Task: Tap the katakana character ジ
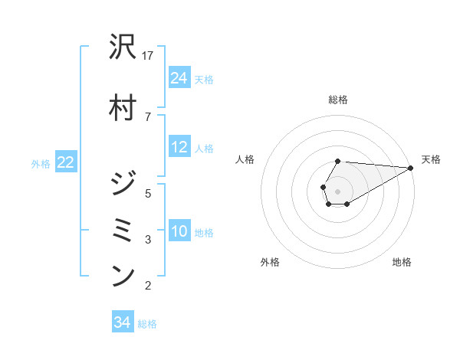(123, 185)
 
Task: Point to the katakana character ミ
(123, 229)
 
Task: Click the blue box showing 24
(179, 78)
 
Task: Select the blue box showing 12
(179, 147)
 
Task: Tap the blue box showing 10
(179, 231)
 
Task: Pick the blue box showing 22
(66, 162)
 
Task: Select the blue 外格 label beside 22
(41, 163)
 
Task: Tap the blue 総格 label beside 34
(147, 324)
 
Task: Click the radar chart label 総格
(337, 100)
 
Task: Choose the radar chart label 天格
(431, 159)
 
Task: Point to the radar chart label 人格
(245, 159)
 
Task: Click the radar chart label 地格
(402, 263)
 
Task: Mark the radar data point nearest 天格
(411, 168)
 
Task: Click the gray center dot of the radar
(337, 190)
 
